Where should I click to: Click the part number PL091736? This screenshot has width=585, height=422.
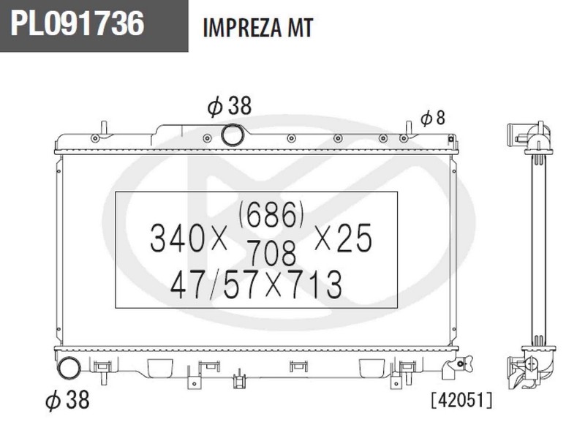tap(77, 23)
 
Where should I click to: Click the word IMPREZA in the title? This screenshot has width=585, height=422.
tap(243, 28)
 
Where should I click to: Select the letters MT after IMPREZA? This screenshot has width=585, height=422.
tap(300, 28)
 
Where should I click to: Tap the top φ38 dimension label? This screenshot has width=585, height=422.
tap(230, 106)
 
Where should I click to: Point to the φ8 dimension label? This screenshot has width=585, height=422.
tap(433, 118)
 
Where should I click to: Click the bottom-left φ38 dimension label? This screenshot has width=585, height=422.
tap(67, 399)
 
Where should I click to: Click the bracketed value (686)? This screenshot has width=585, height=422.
tap(271, 214)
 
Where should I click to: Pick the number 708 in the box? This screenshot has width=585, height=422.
tap(271, 252)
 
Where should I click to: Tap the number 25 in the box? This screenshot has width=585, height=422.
tap(354, 238)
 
